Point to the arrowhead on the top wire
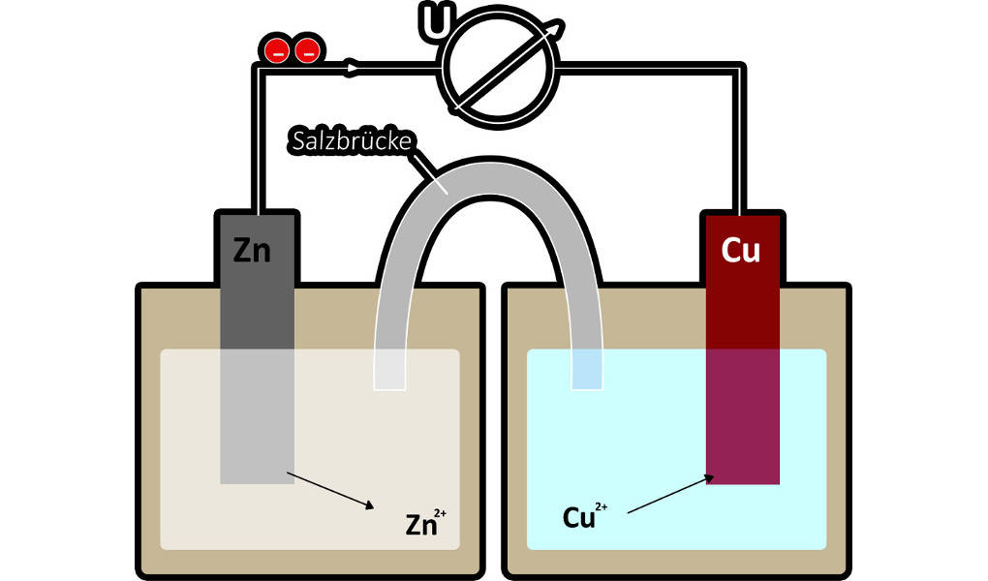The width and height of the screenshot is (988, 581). point(354,67)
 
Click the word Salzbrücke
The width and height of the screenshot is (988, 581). point(352,141)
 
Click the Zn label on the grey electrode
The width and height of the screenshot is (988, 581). point(254,250)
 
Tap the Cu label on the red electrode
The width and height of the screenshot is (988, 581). point(741,250)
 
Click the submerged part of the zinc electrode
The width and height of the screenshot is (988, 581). point(257,416)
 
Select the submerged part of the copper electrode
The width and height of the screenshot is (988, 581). point(742,416)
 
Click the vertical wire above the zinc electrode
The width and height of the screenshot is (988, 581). point(259,136)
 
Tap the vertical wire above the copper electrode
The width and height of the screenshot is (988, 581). point(740,136)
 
